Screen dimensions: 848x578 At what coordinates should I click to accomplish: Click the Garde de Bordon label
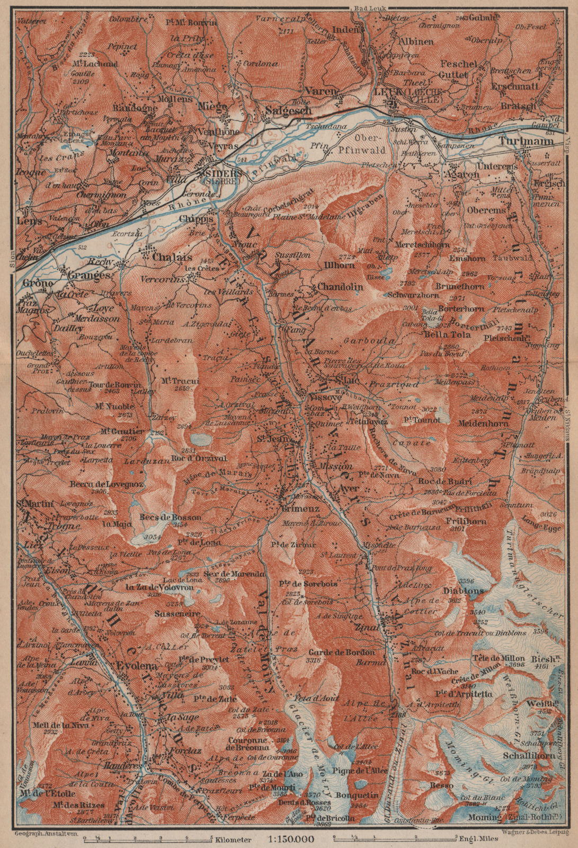[336, 652]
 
